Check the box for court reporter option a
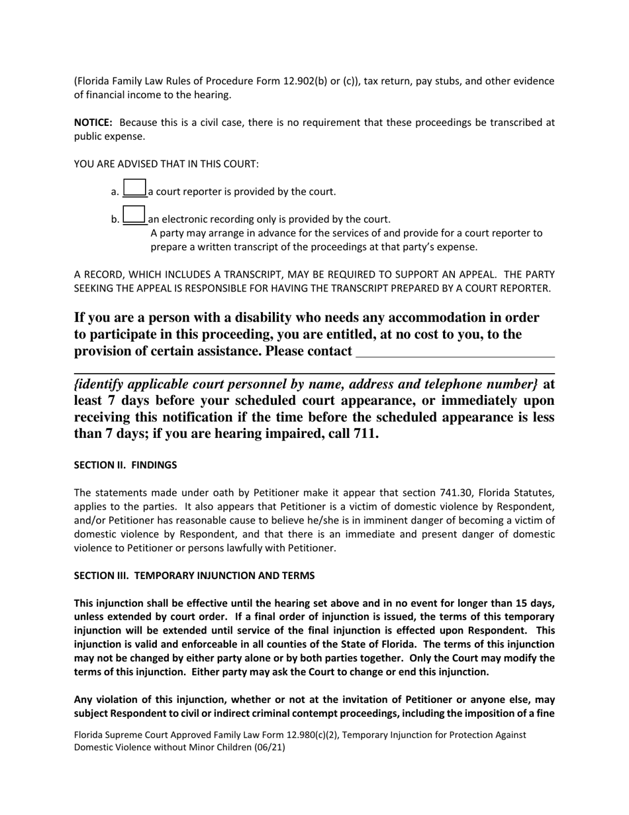[134, 188]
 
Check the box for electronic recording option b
[134, 215]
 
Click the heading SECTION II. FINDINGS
[125, 465]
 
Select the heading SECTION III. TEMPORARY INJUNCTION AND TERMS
[194, 576]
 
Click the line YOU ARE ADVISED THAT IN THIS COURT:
[166, 164]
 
